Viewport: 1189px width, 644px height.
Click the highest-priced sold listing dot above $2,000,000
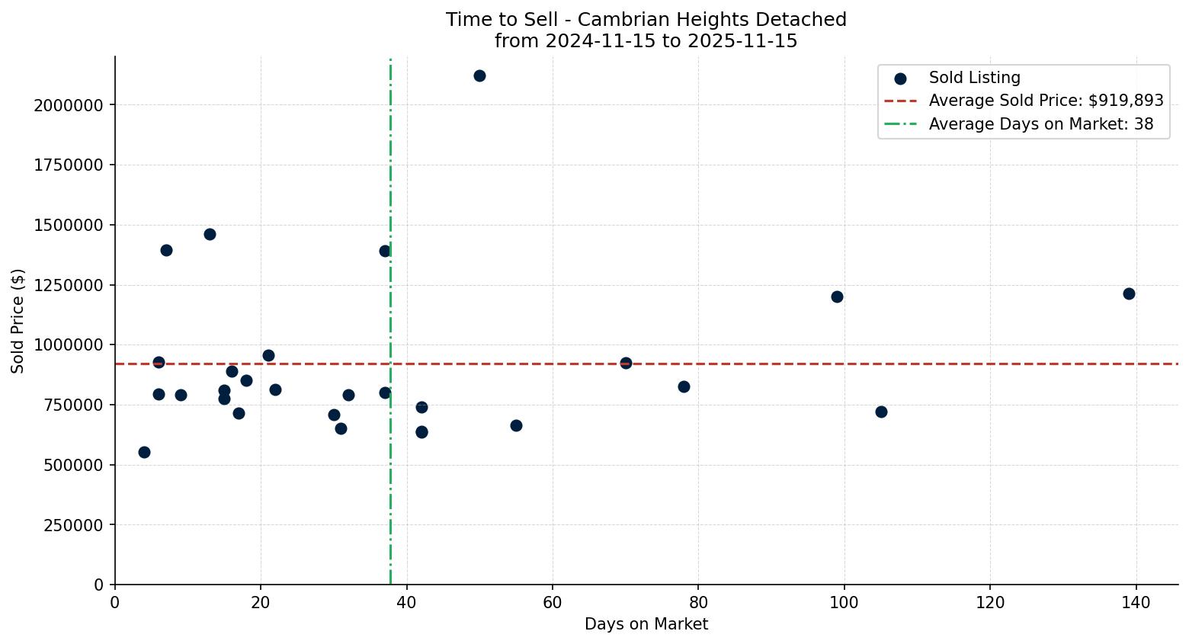[479, 75]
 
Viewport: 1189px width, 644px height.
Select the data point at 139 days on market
[1129, 293]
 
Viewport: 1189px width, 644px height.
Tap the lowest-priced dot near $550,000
[144, 452]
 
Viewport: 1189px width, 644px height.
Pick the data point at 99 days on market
[837, 296]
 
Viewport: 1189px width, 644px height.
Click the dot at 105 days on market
[881, 412]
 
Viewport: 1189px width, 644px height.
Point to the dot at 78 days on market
[684, 386]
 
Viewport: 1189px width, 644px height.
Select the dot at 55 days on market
[516, 425]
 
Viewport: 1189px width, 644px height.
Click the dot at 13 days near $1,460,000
[210, 234]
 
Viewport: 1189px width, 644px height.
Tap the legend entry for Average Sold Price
[1046, 101]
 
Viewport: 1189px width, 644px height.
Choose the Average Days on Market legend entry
[1040, 124]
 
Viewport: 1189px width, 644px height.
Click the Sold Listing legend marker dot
[900, 78]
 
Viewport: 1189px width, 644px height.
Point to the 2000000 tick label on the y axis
[69, 105]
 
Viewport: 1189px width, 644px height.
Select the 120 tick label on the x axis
[990, 603]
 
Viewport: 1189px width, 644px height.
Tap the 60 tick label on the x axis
[553, 603]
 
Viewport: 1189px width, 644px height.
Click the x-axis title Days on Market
[646, 624]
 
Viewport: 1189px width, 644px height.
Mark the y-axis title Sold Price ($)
[18, 321]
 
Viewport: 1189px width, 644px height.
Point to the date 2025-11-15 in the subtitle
[744, 41]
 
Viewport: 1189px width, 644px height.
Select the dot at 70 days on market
[626, 363]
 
